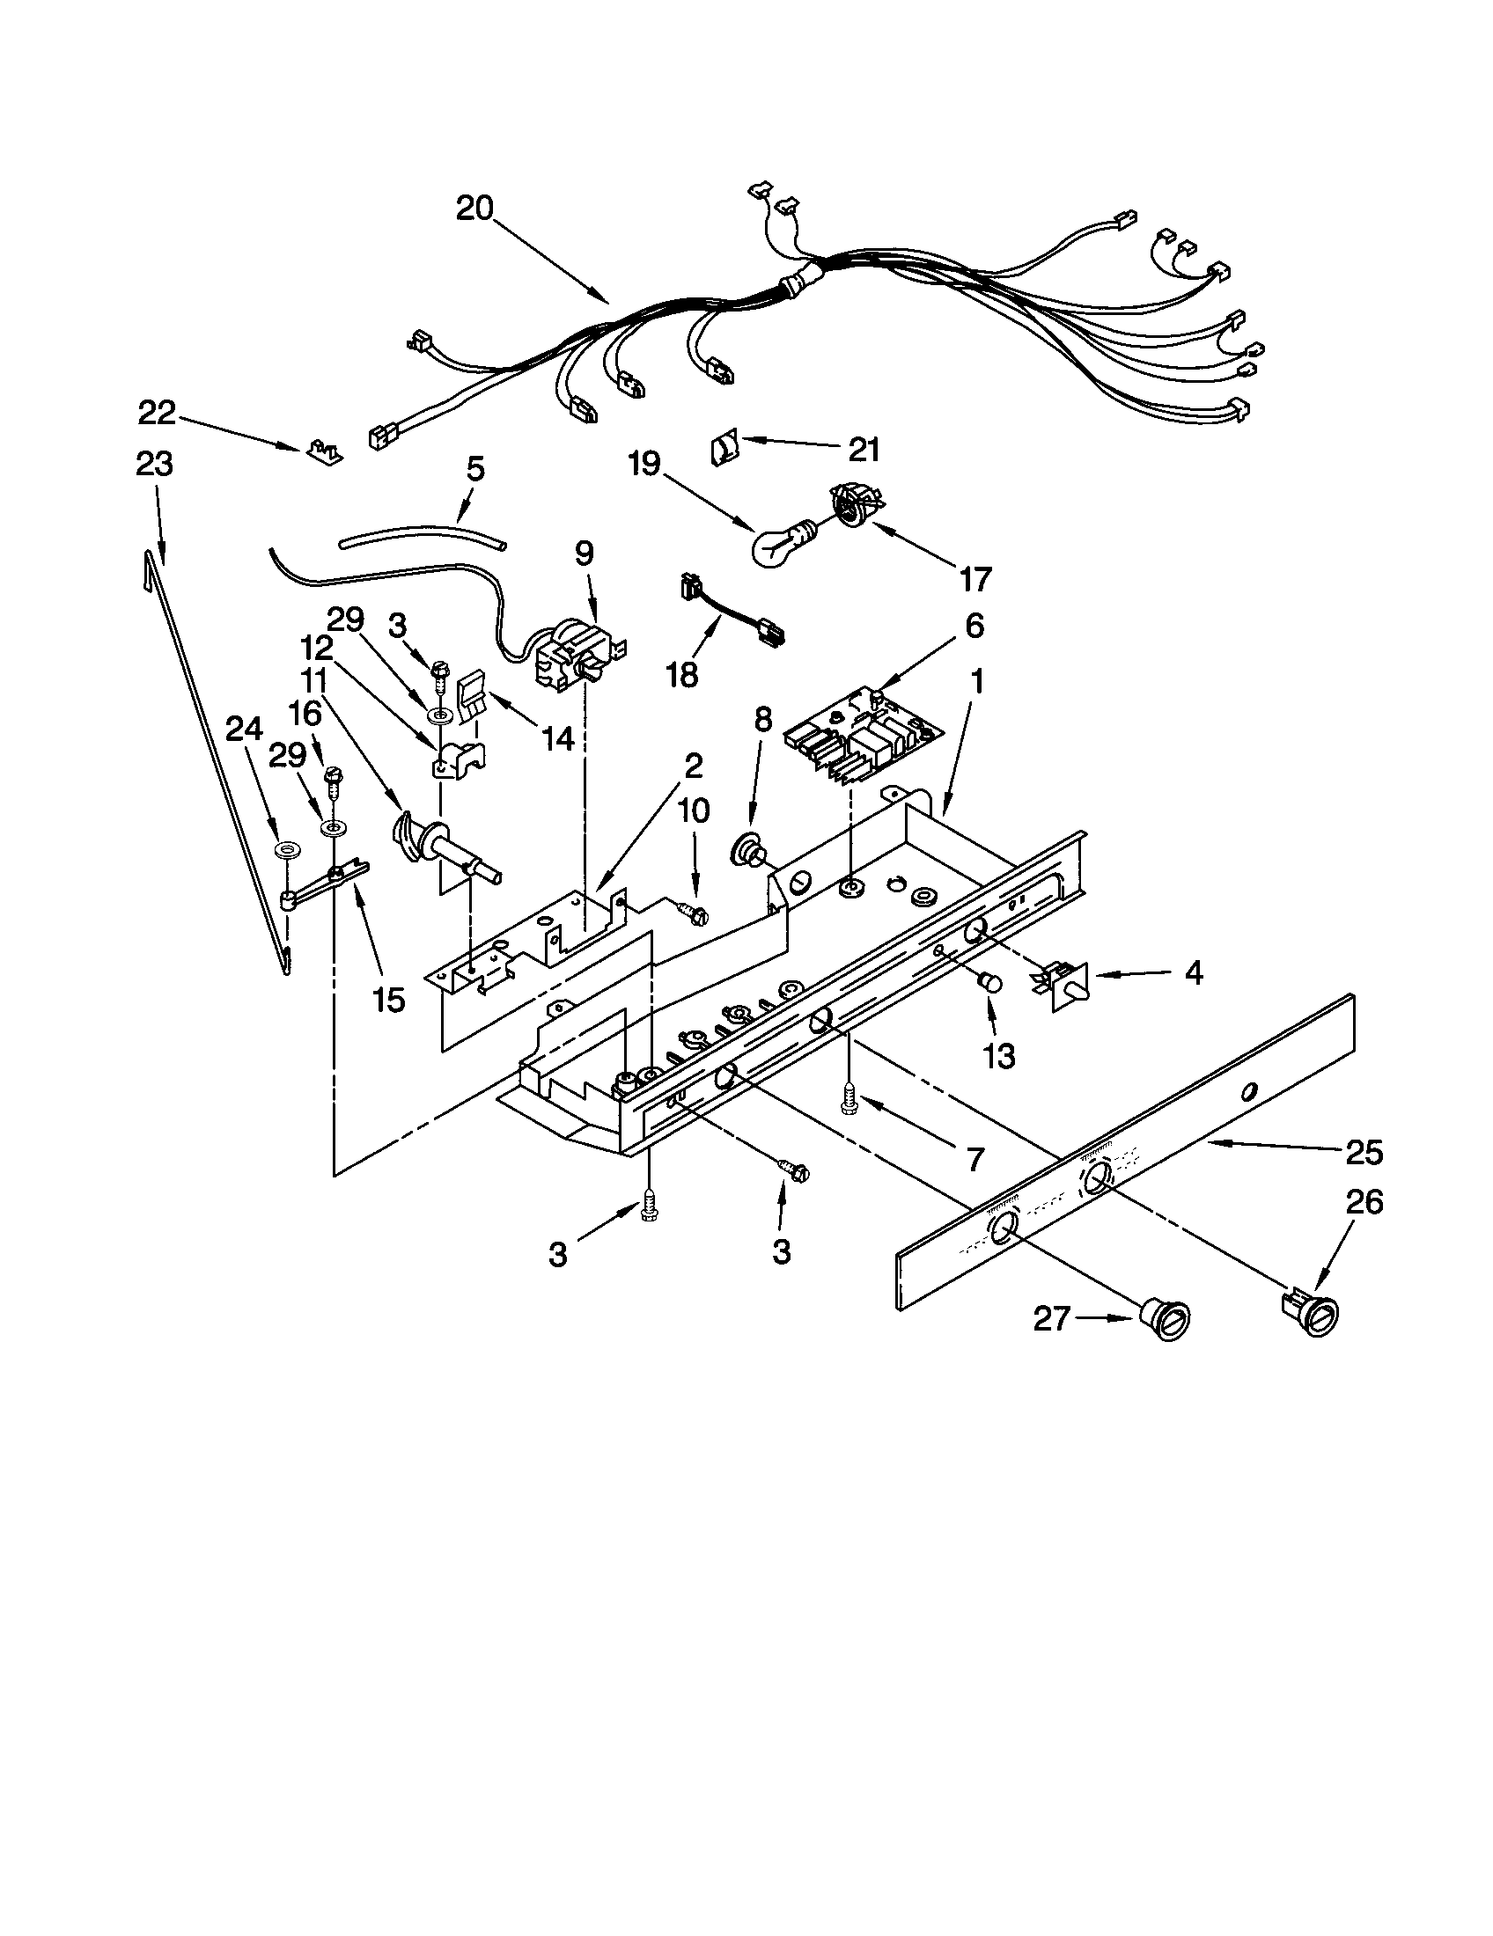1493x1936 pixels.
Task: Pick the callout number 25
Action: click(x=1364, y=1153)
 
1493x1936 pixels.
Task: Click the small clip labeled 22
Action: click(x=323, y=451)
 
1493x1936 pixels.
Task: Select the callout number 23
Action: click(x=154, y=465)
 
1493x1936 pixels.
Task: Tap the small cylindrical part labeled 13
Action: click(x=989, y=982)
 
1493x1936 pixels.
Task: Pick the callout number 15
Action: click(x=389, y=999)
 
